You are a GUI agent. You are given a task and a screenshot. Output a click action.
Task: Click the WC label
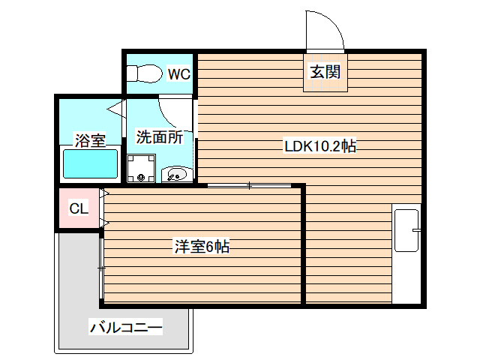pos(178,74)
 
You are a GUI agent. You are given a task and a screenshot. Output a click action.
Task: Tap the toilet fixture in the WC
pos(144,73)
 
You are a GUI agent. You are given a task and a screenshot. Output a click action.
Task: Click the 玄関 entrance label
pos(325,72)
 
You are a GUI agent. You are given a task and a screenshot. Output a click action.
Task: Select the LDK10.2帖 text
pos(319,147)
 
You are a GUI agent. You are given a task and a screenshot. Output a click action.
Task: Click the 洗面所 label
pos(160,137)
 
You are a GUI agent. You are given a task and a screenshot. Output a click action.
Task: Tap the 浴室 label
pos(89,139)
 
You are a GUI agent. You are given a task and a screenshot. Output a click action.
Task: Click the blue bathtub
pos(90,163)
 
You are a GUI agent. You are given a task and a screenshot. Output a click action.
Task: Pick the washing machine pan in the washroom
pos(140,169)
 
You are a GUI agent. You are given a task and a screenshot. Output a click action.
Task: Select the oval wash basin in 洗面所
pos(176,175)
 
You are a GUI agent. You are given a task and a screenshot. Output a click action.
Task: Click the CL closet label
pos(79,208)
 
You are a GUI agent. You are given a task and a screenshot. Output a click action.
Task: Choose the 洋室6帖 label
pos(202,246)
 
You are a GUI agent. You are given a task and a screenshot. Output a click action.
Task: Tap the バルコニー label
pos(126,328)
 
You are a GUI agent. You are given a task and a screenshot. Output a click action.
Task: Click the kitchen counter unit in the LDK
pos(407,255)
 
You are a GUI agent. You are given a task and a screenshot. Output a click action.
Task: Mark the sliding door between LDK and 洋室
pos(249,184)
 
